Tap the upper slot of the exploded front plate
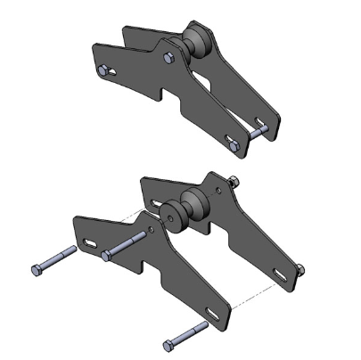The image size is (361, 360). point(93,239)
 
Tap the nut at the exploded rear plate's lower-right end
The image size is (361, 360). point(300,267)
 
